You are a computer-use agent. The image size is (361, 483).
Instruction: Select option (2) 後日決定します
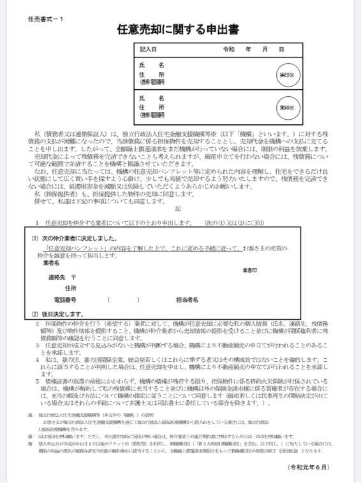click(58, 314)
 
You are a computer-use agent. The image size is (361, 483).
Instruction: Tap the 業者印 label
click(250, 271)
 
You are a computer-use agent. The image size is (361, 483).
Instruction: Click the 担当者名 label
click(187, 299)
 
